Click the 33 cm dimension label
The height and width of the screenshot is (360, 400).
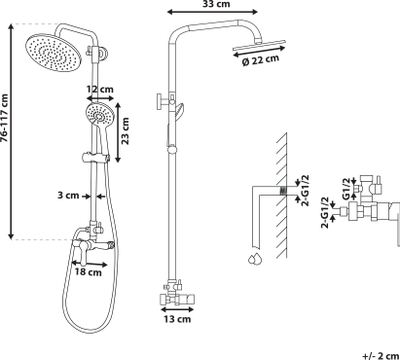pyautogui.click(x=216, y=4)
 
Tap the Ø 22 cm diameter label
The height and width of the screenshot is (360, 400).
pyautogui.click(x=260, y=60)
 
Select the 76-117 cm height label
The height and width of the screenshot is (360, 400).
pyautogui.click(x=5, y=118)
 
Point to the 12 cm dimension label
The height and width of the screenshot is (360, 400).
pyautogui.click(x=100, y=89)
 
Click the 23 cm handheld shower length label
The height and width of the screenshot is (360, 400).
pyautogui.click(x=125, y=131)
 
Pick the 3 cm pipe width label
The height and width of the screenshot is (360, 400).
pyautogui.click(x=68, y=195)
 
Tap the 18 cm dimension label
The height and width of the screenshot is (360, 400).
pyautogui.click(x=88, y=272)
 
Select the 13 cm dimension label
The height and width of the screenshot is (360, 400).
pyautogui.click(x=177, y=319)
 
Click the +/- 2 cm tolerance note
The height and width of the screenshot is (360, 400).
pyautogui.click(x=381, y=355)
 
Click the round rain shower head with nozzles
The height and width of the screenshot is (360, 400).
pyautogui.click(x=53, y=52)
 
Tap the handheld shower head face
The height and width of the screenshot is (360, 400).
pyautogui.click(x=99, y=114)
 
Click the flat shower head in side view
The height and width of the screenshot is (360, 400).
pyautogui.click(x=259, y=46)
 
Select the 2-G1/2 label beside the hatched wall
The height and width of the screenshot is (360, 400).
pyautogui.click(x=305, y=190)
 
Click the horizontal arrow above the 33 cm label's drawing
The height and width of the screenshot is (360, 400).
pyautogui.click(x=212, y=12)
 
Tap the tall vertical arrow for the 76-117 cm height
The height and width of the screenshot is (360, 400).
pyautogui.click(x=11, y=131)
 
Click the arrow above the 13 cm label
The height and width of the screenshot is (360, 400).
pyautogui.click(x=177, y=309)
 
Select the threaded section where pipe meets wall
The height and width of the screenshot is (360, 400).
pyautogui.click(x=282, y=191)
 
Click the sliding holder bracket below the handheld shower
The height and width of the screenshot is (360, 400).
pyautogui.click(x=95, y=157)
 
